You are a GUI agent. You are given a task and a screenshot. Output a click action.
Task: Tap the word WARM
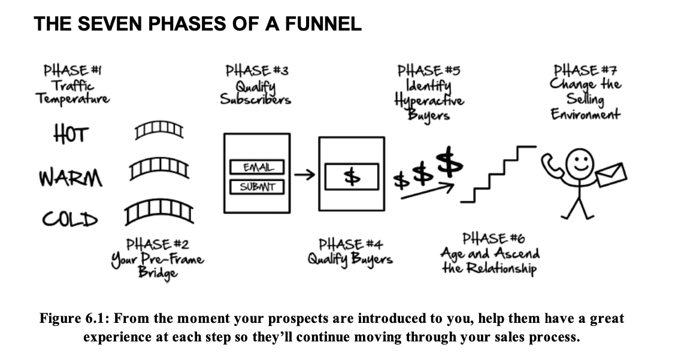70,177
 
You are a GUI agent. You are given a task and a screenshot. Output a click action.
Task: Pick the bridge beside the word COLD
158,210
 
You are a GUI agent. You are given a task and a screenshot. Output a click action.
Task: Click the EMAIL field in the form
256,167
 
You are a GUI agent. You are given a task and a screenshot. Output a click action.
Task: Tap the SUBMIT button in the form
256,186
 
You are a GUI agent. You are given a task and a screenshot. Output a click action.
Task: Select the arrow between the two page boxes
305,176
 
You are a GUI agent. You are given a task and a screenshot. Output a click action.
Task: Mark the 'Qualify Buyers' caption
350,259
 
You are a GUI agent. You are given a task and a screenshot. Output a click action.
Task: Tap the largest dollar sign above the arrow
451,161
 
